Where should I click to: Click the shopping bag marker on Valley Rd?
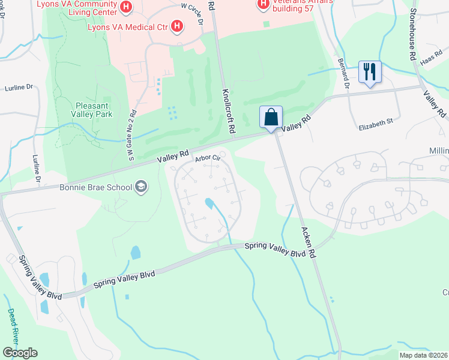(271, 116)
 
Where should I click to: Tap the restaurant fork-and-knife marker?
(369, 72)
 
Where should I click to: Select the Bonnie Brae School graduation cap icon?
(140, 187)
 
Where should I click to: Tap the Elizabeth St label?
(375, 121)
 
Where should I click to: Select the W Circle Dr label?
(193, 14)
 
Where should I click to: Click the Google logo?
(20, 353)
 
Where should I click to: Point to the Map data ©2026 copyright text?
(423, 355)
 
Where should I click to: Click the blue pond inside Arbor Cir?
(209, 204)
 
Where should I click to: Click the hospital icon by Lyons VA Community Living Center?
(126, 7)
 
